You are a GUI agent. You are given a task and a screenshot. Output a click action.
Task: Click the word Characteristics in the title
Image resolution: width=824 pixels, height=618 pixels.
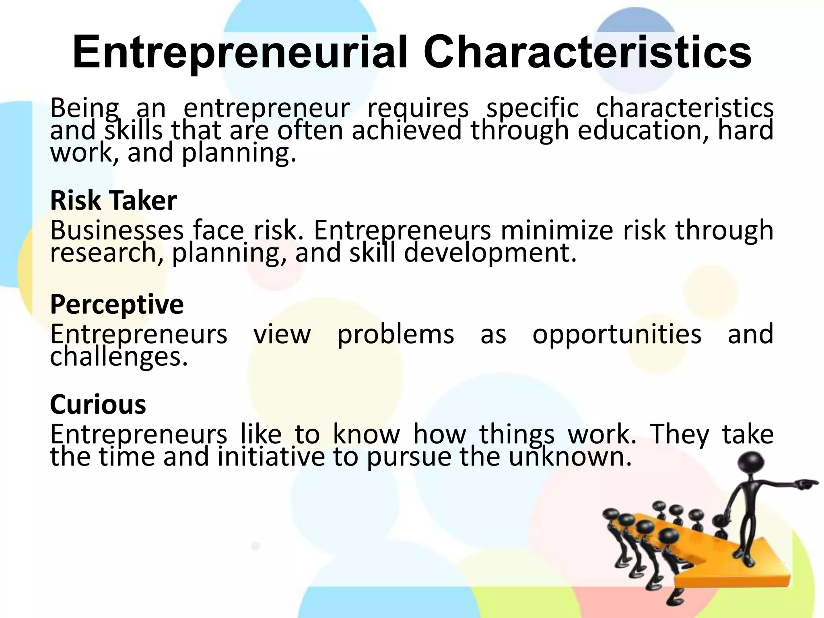pyautogui.click(x=587, y=53)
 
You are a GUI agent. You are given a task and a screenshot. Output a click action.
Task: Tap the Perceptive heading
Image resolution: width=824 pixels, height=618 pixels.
pyautogui.click(x=117, y=304)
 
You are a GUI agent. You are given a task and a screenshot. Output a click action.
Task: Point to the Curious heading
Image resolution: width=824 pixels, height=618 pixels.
pyautogui.click(x=98, y=404)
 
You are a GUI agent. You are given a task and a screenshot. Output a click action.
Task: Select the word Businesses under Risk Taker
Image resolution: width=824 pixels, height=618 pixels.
pyautogui.click(x=117, y=230)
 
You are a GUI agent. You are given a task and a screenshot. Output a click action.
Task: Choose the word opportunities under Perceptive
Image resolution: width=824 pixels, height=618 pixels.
pyautogui.click(x=617, y=334)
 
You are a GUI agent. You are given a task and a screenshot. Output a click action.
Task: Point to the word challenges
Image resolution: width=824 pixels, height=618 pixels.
pyautogui.click(x=119, y=356)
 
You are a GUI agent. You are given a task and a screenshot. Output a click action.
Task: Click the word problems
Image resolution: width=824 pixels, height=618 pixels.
pyautogui.click(x=396, y=334)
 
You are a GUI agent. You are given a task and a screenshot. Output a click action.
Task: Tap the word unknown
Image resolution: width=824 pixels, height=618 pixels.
pyautogui.click(x=569, y=457)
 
